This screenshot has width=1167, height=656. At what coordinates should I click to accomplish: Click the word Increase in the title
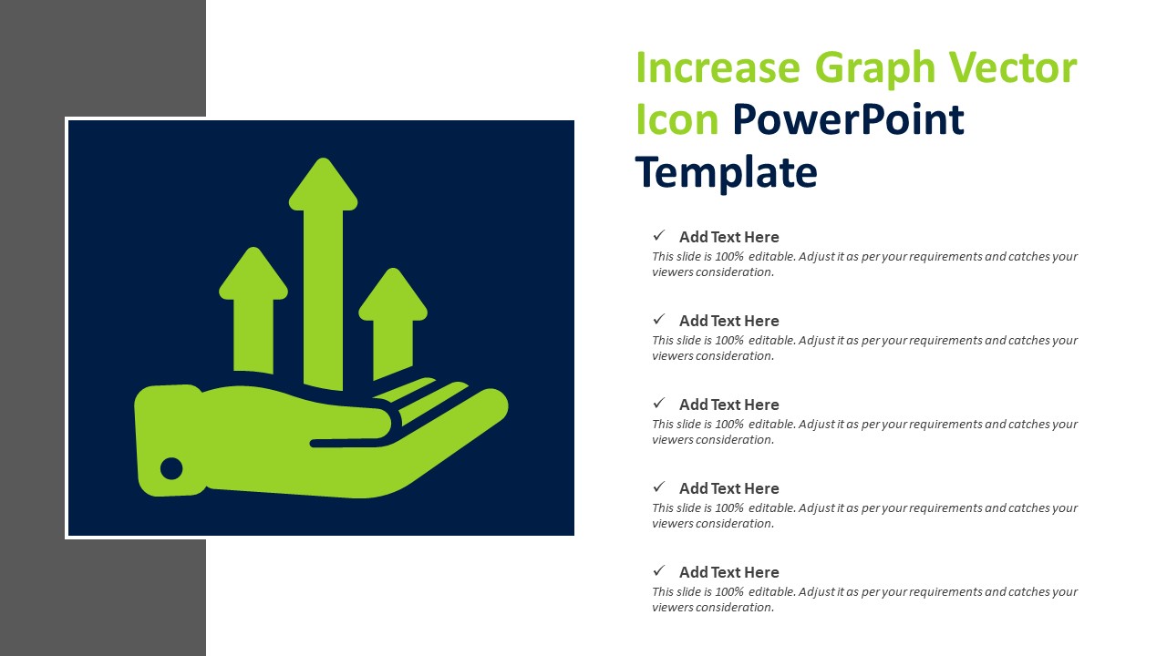[717, 69]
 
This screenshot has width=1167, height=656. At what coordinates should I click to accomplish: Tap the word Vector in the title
[1013, 69]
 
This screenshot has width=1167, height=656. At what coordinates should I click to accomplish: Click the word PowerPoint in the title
[848, 120]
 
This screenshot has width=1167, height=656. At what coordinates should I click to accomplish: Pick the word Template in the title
[726, 172]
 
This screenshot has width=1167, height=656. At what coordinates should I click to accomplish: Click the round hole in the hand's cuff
[171, 468]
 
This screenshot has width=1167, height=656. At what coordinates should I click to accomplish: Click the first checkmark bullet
[658, 236]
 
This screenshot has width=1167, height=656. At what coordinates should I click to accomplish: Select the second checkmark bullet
[658, 320]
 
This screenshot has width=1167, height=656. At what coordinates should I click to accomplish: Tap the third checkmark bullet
[658, 404]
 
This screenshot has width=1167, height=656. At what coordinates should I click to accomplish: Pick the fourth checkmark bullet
[658, 487]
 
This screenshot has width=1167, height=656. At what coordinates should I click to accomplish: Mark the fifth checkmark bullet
[658, 571]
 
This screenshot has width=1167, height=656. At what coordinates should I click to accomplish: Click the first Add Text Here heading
[728, 237]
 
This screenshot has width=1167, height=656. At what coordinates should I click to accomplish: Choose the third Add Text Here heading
[728, 405]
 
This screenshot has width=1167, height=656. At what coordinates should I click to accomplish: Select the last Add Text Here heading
[728, 572]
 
